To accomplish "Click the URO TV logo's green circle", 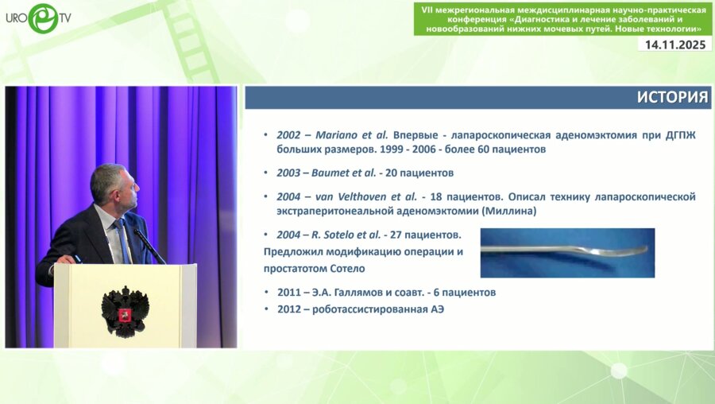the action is pyautogui.click(x=44, y=18).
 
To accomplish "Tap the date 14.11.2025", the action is pyautogui.click(x=674, y=45).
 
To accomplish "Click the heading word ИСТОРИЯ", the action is pyautogui.click(x=672, y=97).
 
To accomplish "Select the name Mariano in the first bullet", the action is pyautogui.click(x=337, y=135).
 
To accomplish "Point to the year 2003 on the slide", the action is pyautogui.click(x=288, y=173).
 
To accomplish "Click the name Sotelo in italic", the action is pyautogui.click(x=338, y=235).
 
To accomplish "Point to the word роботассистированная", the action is pyautogui.click(x=369, y=309).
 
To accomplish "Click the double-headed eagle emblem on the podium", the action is pyautogui.click(x=125, y=312).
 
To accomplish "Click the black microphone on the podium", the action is pyautogui.click(x=149, y=246).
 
